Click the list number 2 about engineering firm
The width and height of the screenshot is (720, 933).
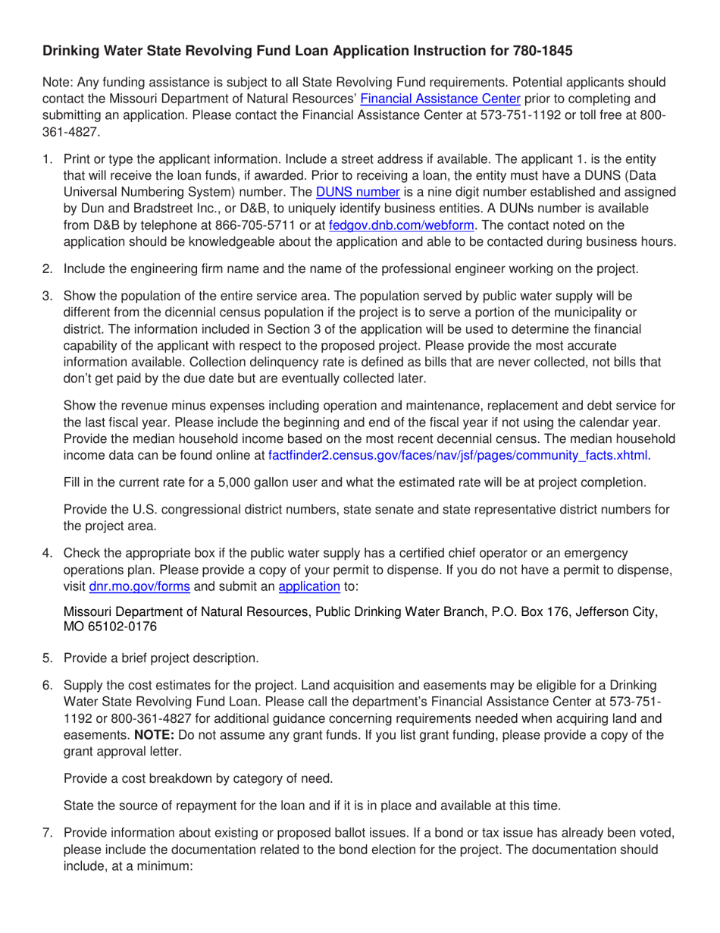(x=47, y=268)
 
